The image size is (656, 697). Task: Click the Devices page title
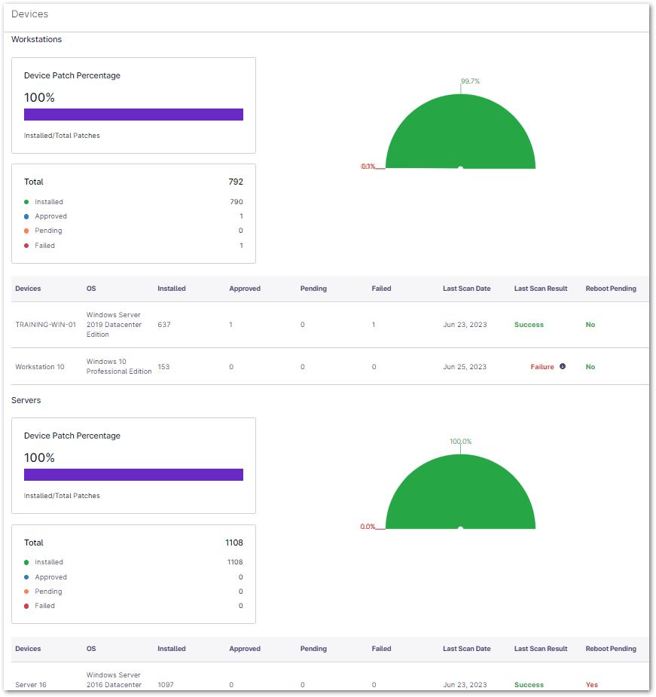point(29,14)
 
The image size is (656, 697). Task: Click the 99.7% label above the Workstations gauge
point(470,81)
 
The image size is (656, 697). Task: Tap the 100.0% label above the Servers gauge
point(460,442)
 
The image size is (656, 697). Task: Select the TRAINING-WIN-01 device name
point(45,325)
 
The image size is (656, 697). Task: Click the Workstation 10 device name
point(40,367)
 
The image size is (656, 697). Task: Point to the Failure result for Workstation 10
point(542,367)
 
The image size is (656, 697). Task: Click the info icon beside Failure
point(563,367)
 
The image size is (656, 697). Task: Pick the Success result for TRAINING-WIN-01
point(529,325)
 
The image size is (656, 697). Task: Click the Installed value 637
point(164,325)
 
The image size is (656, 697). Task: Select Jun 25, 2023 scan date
point(465,367)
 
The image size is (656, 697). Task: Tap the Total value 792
point(236,182)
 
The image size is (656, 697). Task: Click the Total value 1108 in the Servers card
point(234,543)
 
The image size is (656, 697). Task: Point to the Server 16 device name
point(31,685)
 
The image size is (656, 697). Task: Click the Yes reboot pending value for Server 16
point(592,685)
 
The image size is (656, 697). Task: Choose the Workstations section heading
point(36,39)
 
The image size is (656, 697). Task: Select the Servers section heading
point(26,400)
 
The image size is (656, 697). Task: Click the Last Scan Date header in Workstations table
point(466,289)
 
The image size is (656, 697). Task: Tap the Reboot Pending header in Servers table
point(611,649)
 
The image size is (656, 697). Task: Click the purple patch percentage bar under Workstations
point(133,115)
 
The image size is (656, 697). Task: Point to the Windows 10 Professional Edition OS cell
point(119,367)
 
